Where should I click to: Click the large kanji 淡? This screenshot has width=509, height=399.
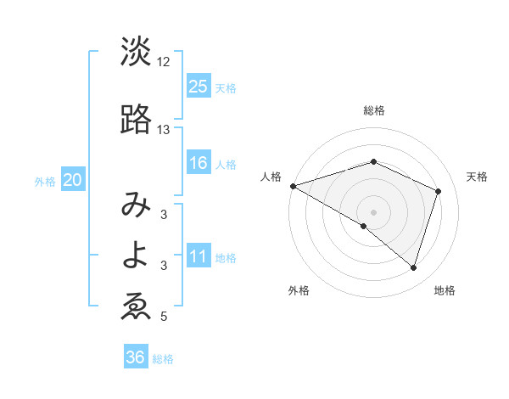[136, 52]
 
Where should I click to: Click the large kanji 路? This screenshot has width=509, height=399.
[136, 121]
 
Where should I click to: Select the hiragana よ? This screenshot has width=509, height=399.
[136, 256]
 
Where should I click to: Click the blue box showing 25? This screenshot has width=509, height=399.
[198, 87]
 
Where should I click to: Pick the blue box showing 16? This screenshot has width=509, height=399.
[198, 163]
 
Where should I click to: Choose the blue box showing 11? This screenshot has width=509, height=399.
[198, 256]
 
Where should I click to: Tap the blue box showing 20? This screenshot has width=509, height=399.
[73, 180]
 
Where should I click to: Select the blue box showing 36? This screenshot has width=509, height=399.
[135, 357]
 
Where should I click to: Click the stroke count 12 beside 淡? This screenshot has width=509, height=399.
[164, 62]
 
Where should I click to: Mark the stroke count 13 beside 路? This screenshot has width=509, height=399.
[164, 130]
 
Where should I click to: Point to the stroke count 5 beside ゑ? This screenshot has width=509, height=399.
[164, 317]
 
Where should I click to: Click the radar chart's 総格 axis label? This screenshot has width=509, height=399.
[373, 110]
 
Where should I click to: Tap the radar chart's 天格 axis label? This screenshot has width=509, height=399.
[477, 177]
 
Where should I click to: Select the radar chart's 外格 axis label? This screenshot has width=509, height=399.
[299, 290]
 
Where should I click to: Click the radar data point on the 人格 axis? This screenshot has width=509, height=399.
[293, 185]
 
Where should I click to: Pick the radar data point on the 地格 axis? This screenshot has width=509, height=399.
[413, 267]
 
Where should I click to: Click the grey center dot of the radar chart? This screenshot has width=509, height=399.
[373, 211]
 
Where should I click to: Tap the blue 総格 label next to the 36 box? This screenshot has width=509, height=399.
[163, 359]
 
